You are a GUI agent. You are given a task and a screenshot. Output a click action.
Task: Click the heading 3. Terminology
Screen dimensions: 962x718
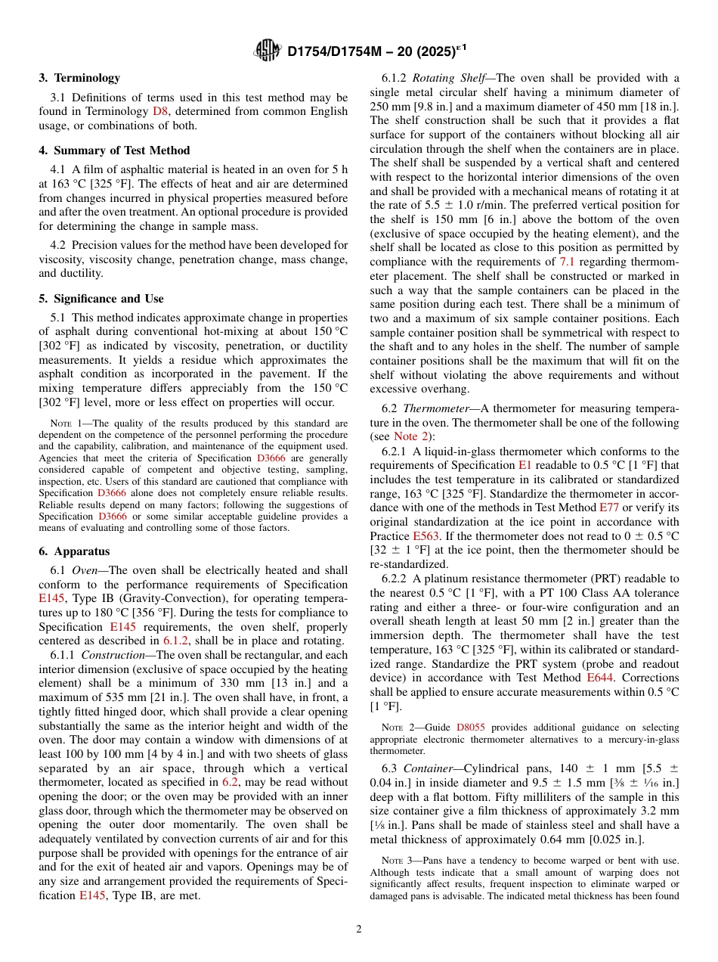tap(79, 78)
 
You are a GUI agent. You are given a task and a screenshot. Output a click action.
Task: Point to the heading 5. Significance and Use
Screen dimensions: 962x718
tap(101, 299)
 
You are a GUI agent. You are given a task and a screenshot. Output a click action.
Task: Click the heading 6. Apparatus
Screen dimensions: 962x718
tap(74, 551)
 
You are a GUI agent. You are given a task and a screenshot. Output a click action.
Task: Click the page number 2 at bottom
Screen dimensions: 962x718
tap(359, 929)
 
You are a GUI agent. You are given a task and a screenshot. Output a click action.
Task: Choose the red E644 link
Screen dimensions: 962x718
tap(600, 678)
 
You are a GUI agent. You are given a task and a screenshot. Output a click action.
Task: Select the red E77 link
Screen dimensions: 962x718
tap(609, 507)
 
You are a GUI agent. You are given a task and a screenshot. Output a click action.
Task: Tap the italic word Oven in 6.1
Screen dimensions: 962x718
tap(85, 569)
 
